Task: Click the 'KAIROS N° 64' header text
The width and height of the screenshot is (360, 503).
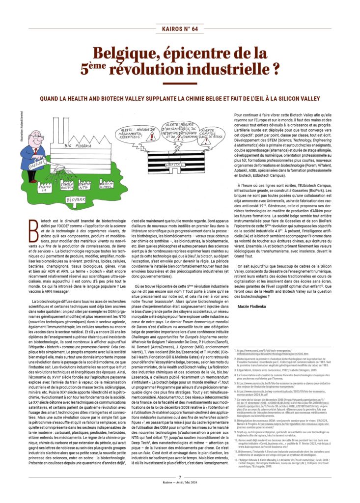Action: (x=180, y=29)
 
